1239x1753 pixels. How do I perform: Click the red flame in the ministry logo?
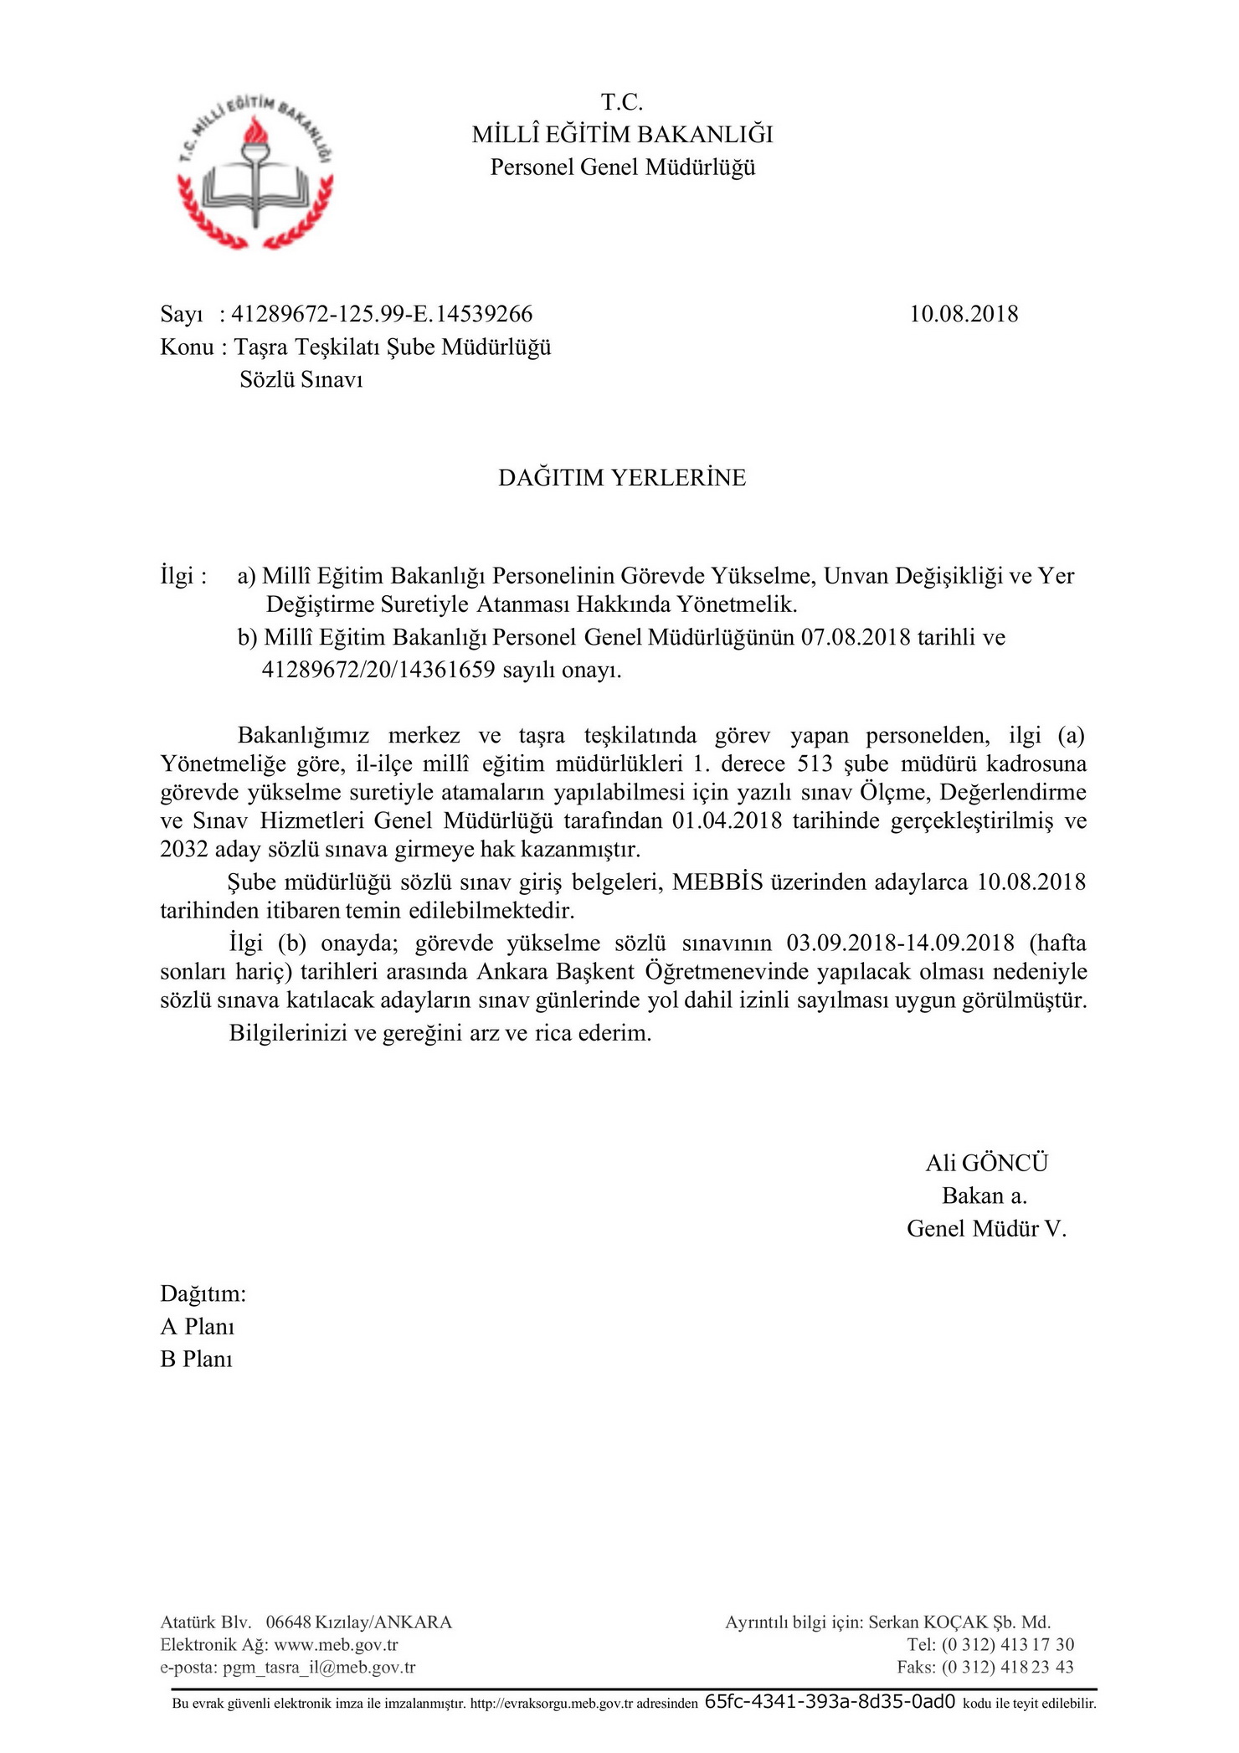(254, 132)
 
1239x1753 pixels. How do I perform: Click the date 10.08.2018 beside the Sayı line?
(964, 314)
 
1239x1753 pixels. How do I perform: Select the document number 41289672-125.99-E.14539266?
(382, 314)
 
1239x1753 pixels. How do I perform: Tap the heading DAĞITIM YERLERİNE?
(622, 477)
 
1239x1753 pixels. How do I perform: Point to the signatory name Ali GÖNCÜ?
(986, 1163)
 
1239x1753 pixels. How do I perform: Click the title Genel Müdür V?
(986, 1228)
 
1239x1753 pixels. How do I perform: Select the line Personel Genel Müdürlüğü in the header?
(622, 167)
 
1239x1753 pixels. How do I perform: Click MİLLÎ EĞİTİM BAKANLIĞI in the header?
(622, 134)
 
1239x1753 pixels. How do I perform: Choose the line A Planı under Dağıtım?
(198, 1326)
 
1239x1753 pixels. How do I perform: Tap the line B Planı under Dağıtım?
(197, 1359)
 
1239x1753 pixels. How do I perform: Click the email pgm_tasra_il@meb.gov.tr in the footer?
(319, 1667)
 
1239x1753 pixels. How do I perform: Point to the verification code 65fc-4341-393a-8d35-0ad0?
(830, 1702)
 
